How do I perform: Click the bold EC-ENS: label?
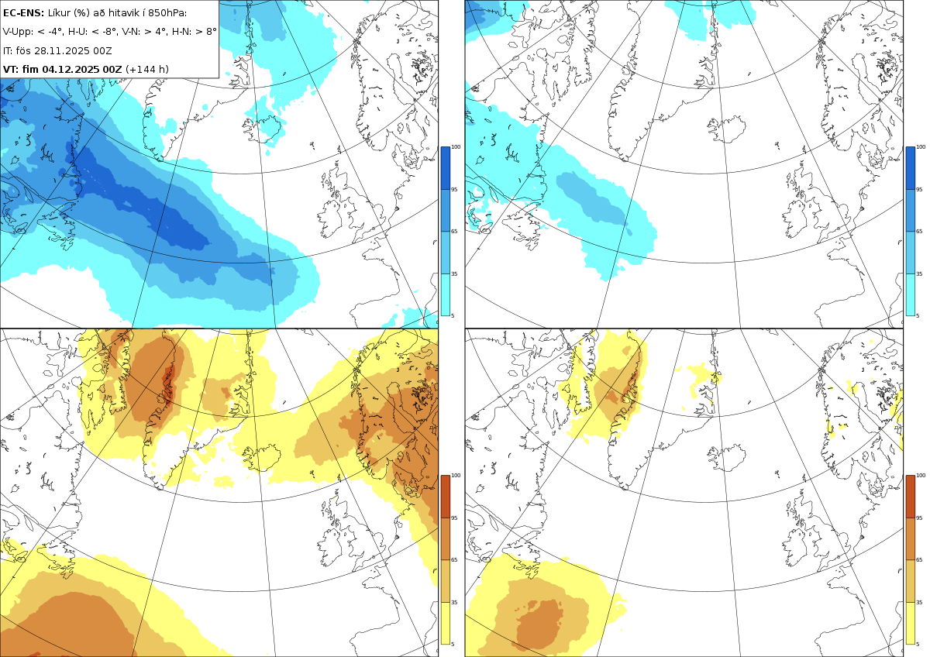coord(24,12)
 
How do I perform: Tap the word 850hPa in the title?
coord(165,12)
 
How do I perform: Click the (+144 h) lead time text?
coord(147,69)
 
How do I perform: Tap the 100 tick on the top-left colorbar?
coord(456,146)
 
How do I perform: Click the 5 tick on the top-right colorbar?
coord(920,315)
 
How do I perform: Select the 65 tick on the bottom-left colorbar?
coord(456,559)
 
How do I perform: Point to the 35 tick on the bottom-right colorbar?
coord(921,601)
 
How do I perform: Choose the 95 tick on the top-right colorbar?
coord(921,189)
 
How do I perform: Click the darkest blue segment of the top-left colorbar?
coord(446,167)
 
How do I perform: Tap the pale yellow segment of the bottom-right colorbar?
coord(911,623)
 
